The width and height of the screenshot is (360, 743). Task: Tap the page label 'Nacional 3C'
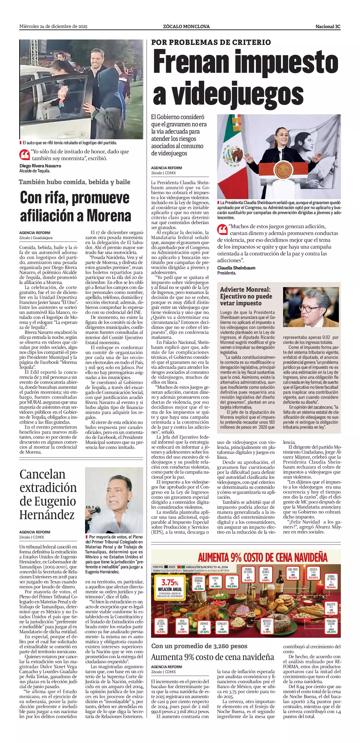tap(328, 27)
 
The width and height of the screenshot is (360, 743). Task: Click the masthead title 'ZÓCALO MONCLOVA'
tap(186, 27)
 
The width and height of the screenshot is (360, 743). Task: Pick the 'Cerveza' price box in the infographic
tap(313, 574)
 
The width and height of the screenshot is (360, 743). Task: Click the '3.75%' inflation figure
tap(170, 582)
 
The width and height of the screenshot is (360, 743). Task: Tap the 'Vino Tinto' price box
tap(292, 574)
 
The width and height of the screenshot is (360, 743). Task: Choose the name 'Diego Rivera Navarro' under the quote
tap(40, 166)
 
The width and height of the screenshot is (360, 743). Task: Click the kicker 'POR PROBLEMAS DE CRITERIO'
tap(211, 42)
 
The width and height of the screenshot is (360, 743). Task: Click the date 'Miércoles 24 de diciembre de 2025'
tap(53, 27)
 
